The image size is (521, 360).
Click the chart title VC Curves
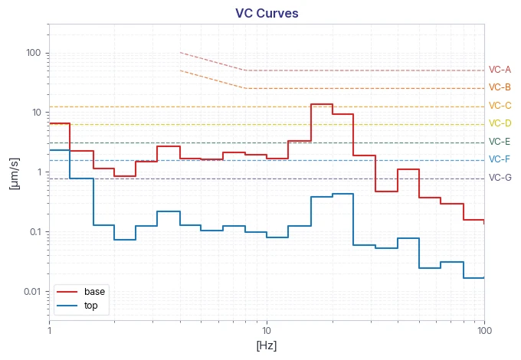(x=267, y=13)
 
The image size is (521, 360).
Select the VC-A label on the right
(x=500, y=70)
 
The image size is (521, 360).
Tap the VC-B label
(x=500, y=87)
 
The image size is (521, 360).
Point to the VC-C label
(x=500, y=106)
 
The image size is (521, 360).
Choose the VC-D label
(x=500, y=123)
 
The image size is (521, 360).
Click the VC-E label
(x=500, y=142)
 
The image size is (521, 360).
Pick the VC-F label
(x=500, y=159)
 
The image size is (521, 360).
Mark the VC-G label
(x=500, y=178)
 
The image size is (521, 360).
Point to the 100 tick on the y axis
(x=34, y=53)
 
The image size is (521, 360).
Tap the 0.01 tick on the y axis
(x=32, y=292)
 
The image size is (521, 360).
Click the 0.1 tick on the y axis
(x=35, y=232)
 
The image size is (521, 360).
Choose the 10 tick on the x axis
(x=267, y=330)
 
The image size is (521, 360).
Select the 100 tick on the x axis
(x=484, y=330)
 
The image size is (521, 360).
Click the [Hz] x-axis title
(x=267, y=345)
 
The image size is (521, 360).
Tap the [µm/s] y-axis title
(x=15, y=174)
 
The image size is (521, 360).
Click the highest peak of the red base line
(x=322, y=104)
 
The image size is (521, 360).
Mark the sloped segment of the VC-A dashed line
(x=213, y=61)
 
